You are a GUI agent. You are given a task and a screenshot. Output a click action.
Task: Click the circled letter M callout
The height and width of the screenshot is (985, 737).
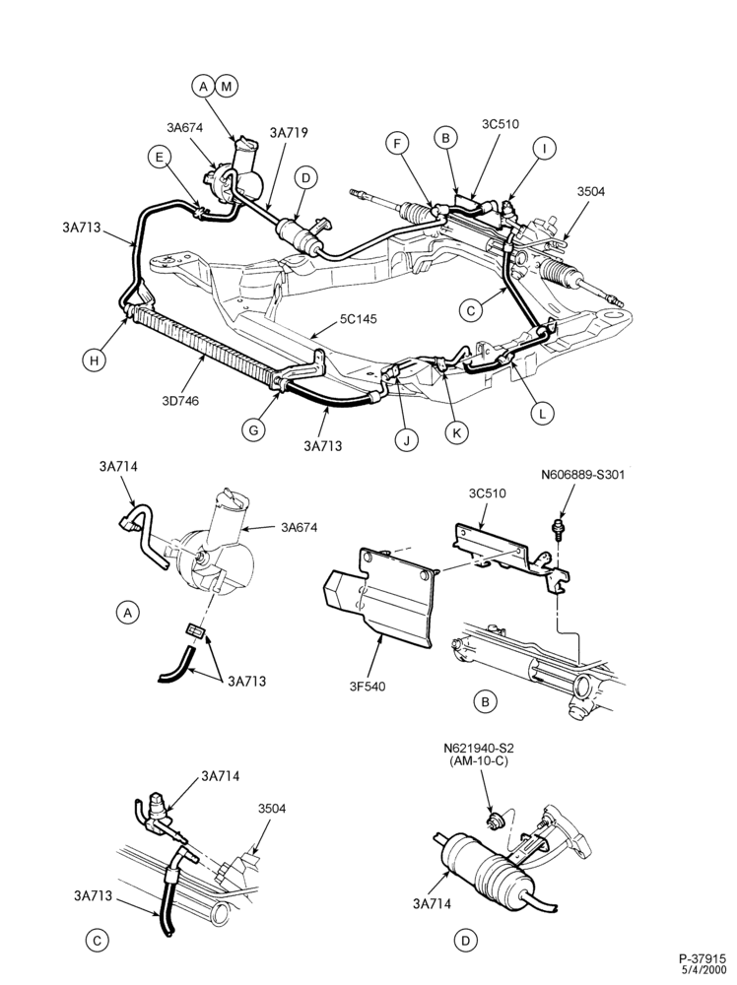click(x=227, y=86)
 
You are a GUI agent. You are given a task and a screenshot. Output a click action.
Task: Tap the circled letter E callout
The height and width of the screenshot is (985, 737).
click(x=160, y=157)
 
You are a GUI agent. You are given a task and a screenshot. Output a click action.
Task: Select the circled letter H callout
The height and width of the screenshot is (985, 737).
click(x=95, y=360)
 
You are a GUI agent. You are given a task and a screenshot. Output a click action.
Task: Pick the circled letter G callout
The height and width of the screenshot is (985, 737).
click(x=254, y=429)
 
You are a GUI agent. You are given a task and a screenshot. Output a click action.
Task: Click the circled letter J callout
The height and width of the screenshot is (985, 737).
click(x=407, y=439)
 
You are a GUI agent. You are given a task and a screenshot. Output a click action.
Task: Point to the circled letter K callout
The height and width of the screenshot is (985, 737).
click(x=457, y=432)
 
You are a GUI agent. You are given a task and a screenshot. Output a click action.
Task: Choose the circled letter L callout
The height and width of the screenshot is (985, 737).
click(x=542, y=413)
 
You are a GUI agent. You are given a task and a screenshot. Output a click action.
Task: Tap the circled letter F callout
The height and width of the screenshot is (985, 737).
click(x=396, y=144)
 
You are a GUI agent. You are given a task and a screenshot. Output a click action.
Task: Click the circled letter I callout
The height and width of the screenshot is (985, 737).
click(x=544, y=149)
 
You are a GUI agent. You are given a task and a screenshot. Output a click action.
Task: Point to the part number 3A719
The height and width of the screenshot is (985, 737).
click(x=289, y=133)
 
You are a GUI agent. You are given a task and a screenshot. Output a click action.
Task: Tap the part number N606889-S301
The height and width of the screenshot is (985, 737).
click(x=583, y=475)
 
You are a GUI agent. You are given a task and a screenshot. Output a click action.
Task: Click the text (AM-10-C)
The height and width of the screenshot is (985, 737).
click(x=478, y=761)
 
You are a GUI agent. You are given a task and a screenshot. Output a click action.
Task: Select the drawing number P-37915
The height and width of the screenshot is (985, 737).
click(x=703, y=958)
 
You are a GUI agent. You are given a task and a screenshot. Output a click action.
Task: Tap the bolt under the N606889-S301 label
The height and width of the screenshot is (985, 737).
click(x=556, y=528)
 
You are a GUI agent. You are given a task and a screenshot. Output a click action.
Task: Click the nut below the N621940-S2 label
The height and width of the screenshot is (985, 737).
click(x=494, y=819)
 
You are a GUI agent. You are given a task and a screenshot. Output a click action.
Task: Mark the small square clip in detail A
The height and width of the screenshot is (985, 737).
click(x=195, y=629)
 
